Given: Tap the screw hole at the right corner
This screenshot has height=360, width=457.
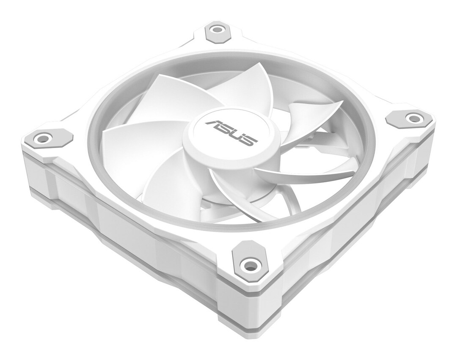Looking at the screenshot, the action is [x=412, y=118].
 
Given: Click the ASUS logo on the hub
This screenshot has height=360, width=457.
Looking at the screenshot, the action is [x=231, y=132].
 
